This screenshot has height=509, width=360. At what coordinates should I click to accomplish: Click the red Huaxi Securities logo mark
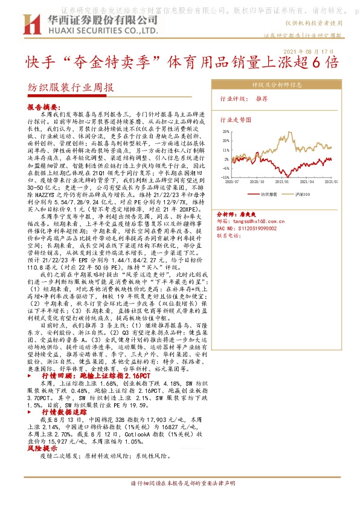[31, 24]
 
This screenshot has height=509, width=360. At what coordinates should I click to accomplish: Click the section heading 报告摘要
[41, 106]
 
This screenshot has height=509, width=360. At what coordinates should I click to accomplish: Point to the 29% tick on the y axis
[225, 131]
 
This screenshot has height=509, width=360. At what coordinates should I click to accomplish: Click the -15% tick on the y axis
[225, 170]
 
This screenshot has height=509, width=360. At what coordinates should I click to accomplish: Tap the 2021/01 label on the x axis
[281, 180]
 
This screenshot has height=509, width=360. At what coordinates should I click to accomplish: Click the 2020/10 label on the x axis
[257, 180]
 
